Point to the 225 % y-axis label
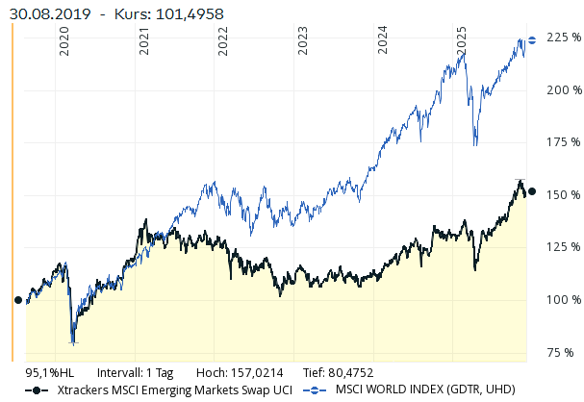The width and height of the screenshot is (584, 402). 563,38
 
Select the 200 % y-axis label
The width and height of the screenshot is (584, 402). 563,90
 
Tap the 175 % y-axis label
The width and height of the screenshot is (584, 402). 563,142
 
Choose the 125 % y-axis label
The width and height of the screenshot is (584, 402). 563,247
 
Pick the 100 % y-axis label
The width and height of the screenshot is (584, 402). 563,300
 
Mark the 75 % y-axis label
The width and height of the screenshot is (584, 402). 566,352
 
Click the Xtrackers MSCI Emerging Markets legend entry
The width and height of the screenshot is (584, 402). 173,390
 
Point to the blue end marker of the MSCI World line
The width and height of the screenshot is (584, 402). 532,40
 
